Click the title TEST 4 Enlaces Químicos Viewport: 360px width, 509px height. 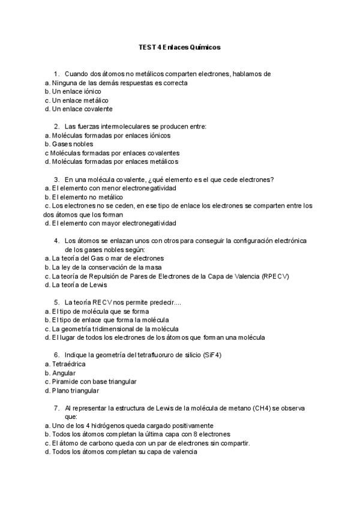point(179,47)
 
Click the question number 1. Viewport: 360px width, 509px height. point(56,74)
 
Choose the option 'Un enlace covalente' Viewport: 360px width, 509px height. point(82,109)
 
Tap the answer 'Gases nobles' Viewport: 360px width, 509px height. point(72,144)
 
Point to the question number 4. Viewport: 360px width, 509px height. point(56,241)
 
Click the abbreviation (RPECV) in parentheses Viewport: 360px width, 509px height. point(276,276)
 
